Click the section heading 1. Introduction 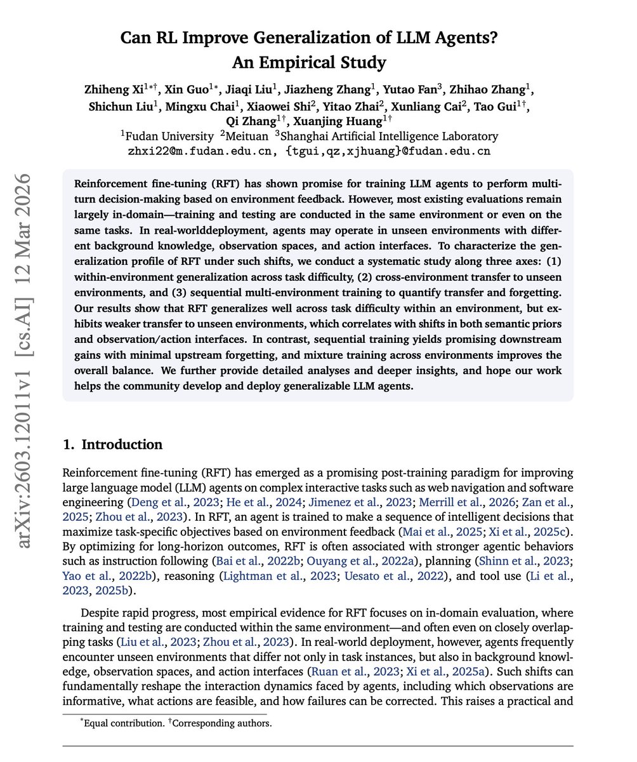(113, 444)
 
